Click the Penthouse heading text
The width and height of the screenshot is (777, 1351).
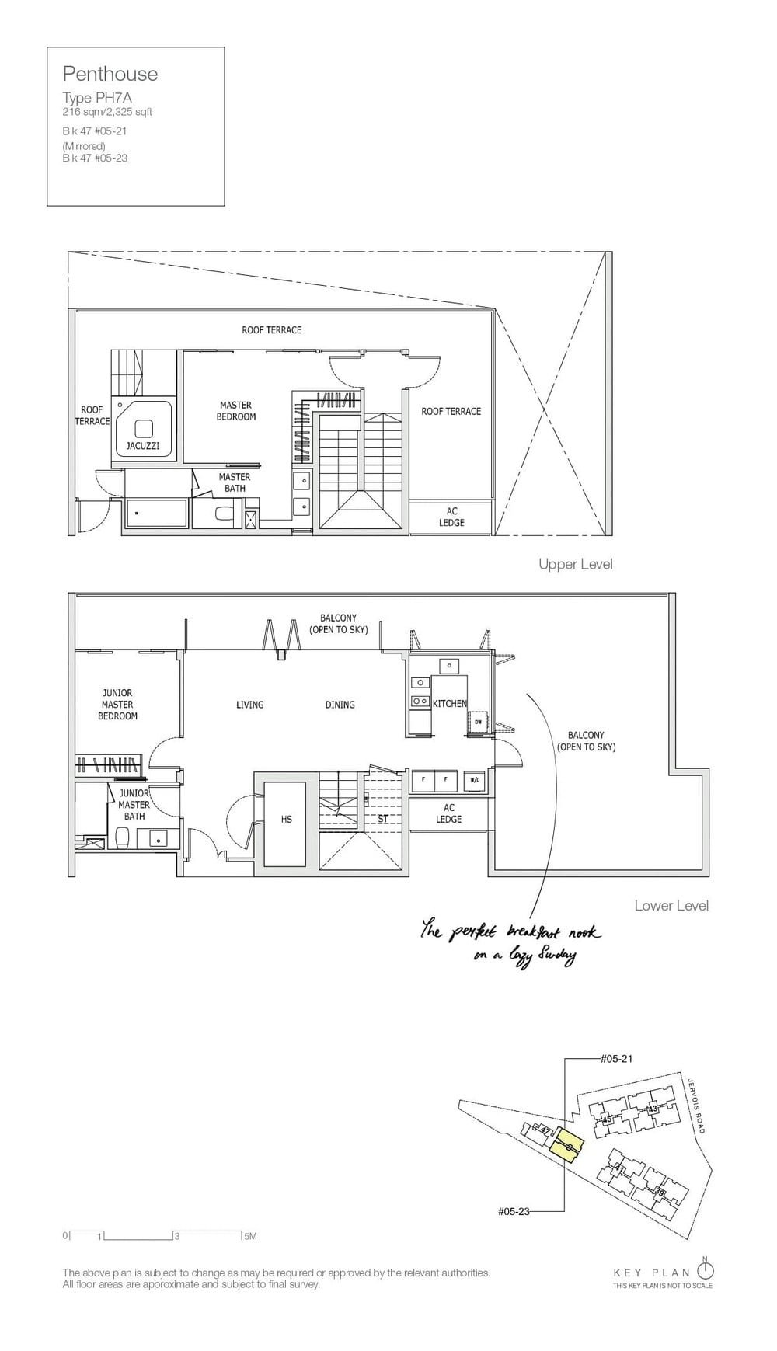(110, 75)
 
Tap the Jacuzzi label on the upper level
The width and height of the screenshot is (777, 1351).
(143, 446)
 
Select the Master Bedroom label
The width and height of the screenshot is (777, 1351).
(235, 411)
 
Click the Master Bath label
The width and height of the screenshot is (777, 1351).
(234, 482)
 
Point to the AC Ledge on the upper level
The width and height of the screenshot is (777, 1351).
(451, 517)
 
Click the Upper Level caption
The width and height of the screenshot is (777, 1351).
(575, 564)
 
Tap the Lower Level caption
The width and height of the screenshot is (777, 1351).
(671, 905)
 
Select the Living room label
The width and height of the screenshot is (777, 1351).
(249, 705)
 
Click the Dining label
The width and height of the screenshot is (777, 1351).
(340, 705)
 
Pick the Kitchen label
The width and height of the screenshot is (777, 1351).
(450, 704)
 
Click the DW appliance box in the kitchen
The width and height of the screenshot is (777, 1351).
(478, 722)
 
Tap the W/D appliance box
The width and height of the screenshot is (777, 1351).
(474, 779)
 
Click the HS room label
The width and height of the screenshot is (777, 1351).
(286, 820)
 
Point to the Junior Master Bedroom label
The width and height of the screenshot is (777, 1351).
(117, 705)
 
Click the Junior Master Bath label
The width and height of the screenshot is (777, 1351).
(134, 805)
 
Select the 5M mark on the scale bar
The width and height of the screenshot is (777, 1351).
(249, 1236)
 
